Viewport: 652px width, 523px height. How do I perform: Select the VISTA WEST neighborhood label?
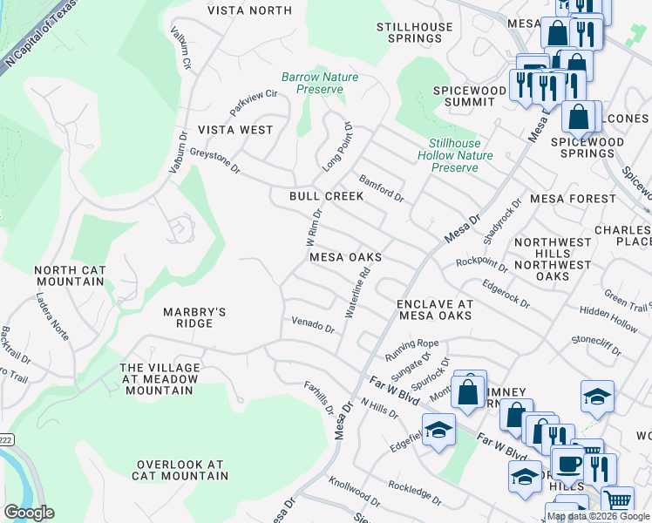235,130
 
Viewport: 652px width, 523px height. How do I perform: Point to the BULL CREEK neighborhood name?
327,197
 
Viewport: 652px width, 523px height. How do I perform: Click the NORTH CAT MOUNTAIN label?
70,276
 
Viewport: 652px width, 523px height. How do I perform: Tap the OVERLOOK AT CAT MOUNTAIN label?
180,470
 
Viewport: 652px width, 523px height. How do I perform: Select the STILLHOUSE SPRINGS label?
415,33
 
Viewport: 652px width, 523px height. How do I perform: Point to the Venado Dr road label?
313,325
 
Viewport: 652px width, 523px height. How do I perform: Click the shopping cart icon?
617,499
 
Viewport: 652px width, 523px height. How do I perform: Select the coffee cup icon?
569,463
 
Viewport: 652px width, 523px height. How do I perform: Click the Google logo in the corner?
29,513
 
